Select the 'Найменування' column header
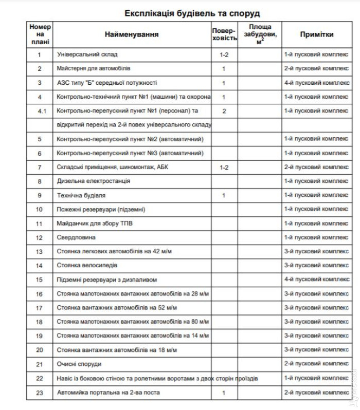[132, 34]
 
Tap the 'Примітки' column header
[316, 34]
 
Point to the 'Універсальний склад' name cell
[87, 54]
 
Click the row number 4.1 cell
[40, 111]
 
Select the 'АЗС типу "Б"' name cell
[106, 83]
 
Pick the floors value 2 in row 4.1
[224, 111]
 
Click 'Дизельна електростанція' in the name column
[93, 181]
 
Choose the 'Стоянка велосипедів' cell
[86, 266]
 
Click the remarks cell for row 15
[316, 279]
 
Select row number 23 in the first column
[40, 393]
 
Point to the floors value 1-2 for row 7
[224, 167]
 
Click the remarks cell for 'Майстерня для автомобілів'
[316, 68]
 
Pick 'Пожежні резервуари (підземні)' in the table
[101, 209]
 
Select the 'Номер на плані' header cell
[40, 34]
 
